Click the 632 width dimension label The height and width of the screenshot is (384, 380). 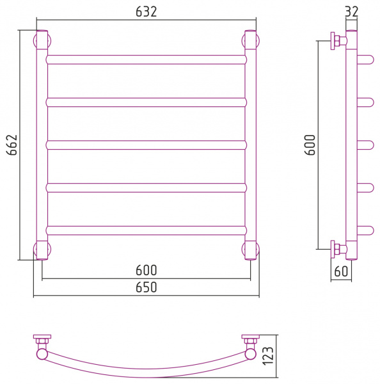[x=146, y=12]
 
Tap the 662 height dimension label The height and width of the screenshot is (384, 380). [x=12, y=145]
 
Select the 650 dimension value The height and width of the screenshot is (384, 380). [x=146, y=287]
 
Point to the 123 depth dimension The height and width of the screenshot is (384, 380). [x=268, y=356]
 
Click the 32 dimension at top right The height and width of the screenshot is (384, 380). [x=352, y=12]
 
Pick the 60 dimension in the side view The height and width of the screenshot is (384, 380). [x=341, y=271]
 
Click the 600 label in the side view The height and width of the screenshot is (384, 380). [x=310, y=145]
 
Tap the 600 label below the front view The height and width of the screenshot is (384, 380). [x=146, y=270]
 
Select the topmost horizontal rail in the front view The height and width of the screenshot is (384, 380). [x=146, y=60]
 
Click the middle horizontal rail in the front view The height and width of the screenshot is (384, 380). [x=146, y=145]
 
